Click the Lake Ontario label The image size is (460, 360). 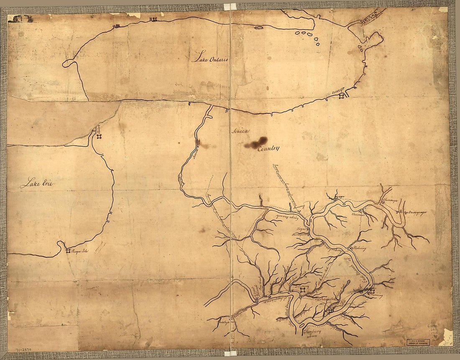coord(211,58)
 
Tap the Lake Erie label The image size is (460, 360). coord(38,183)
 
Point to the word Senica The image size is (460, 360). coord(240,131)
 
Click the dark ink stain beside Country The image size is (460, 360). coord(256,143)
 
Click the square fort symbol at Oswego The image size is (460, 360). coord(341,97)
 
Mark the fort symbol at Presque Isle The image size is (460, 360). coord(68,251)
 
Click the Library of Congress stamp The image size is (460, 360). coord(418,342)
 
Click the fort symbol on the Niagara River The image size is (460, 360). coord(99,136)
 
